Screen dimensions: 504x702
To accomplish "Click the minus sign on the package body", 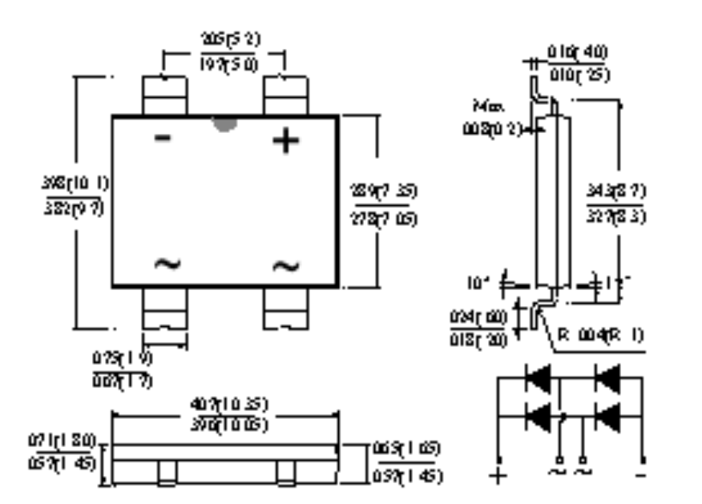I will [x=163, y=139].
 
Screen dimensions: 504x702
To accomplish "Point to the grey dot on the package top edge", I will [x=224, y=124].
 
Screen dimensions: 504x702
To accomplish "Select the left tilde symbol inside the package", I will [x=167, y=264].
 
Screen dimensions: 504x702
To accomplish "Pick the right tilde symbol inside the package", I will [x=286, y=265].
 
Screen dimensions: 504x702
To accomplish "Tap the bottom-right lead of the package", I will [x=286, y=308].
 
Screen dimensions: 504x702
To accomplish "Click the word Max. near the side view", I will [x=487, y=106].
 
